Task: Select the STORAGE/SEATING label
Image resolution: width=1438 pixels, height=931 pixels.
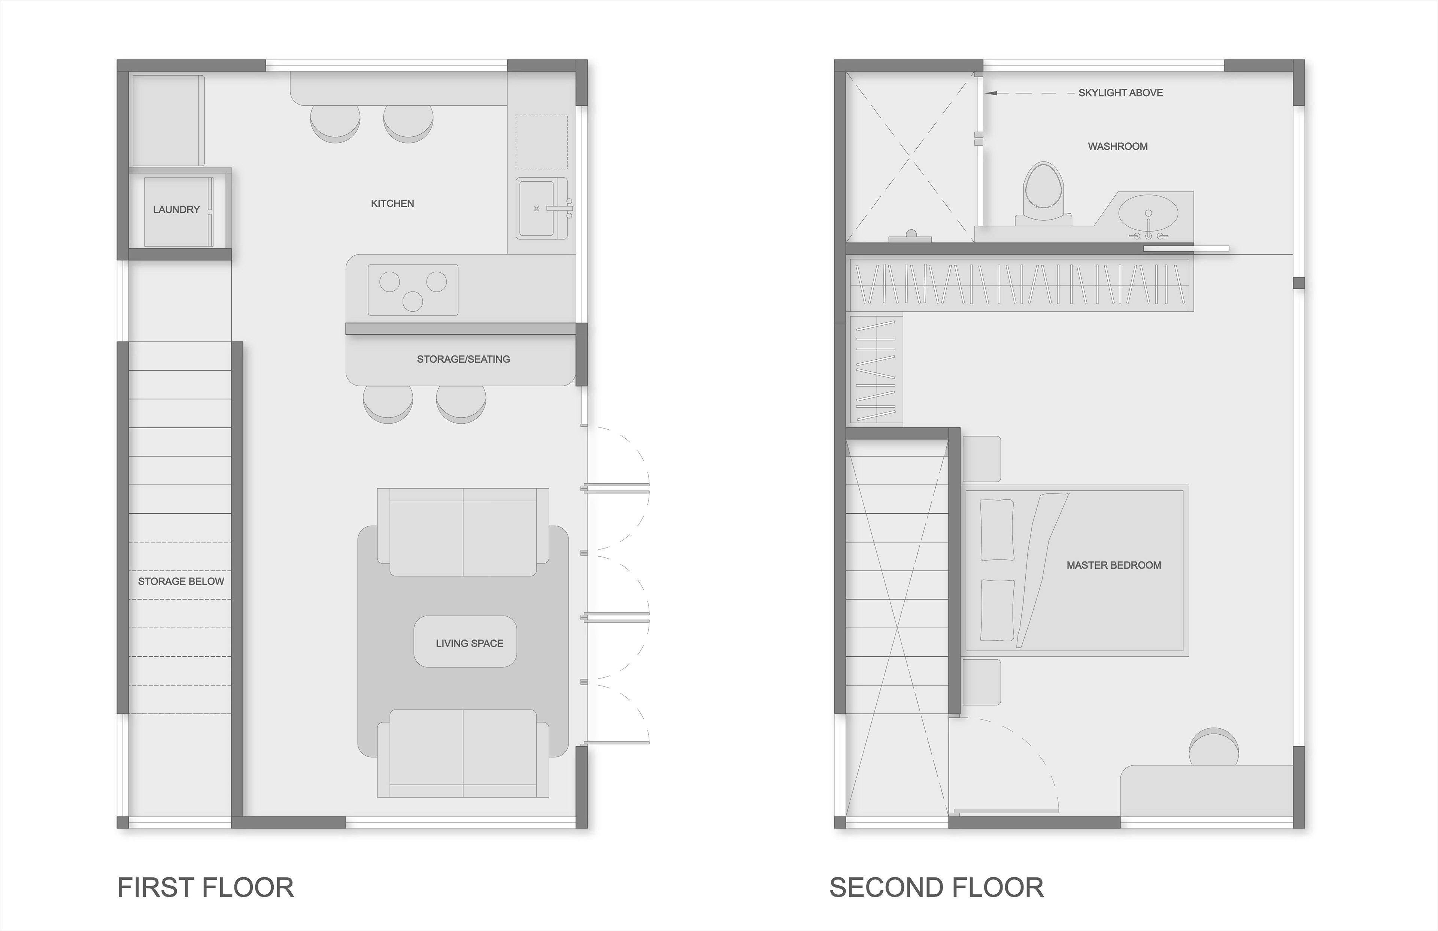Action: (x=464, y=359)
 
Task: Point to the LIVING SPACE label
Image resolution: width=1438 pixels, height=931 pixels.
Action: (x=470, y=643)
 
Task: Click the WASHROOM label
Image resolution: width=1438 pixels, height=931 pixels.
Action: (x=1118, y=146)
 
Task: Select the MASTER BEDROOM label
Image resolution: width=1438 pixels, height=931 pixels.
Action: (x=1114, y=565)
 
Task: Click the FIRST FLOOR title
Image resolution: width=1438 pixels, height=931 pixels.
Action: (x=206, y=888)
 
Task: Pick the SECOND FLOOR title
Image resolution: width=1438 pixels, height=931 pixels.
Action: (x=937, y=888)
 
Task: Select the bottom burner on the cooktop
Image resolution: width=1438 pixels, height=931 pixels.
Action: (x=413, y=301)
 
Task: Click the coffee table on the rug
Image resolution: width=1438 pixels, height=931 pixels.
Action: (x=465, y=641)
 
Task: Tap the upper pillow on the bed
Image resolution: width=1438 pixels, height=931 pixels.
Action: (x=997, y=530)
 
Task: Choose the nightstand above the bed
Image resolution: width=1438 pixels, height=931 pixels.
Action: (x=981, y=459)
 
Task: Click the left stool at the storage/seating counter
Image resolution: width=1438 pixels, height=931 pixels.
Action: (x=388, y=404)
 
